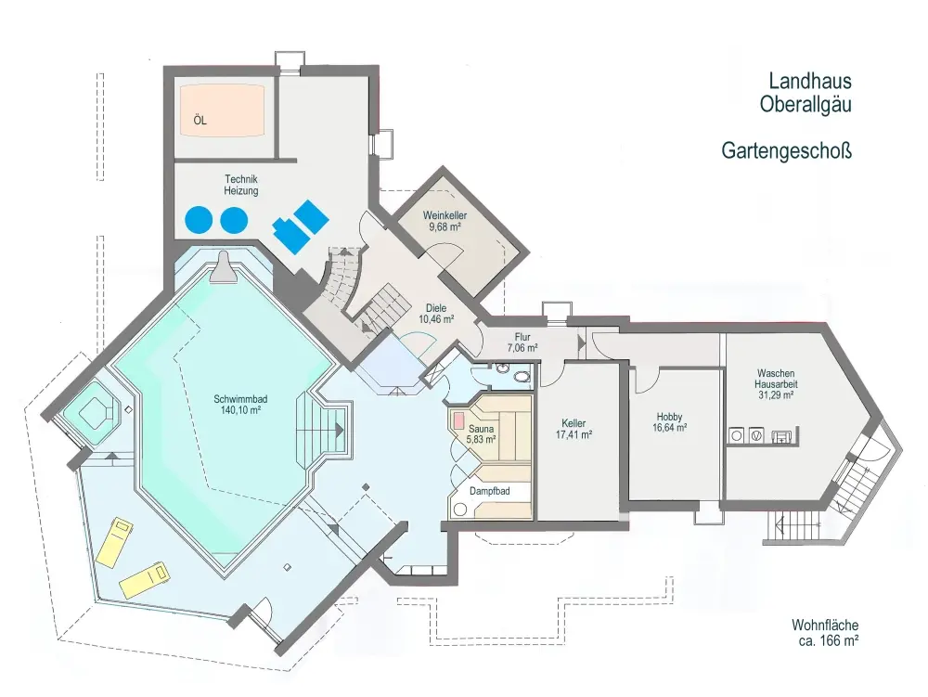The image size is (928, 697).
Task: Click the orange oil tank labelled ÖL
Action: [x=224, y=110]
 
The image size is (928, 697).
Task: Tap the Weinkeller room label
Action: [x=445, y=220]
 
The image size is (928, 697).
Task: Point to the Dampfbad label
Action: [x=488, y=490]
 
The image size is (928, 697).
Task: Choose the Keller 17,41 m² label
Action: [x=574, y=428]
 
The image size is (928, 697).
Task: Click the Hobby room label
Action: [x=670, y=422]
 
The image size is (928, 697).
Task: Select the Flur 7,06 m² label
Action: [x=522, y=342]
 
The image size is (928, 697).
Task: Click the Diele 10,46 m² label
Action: [x=435, y=313]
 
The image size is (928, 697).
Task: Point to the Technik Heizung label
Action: [x=240, y=184]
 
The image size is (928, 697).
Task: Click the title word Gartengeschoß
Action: [x=786, y=150]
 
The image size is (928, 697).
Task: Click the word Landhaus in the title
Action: [x=809, y=82]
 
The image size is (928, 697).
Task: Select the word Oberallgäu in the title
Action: [x=805, y=105]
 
